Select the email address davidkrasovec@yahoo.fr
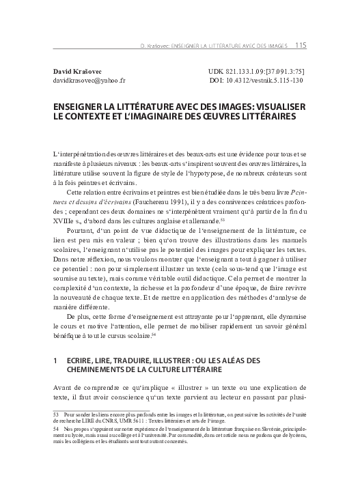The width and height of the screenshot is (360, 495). click(89, 81)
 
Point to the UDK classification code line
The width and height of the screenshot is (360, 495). click(255, 70)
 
